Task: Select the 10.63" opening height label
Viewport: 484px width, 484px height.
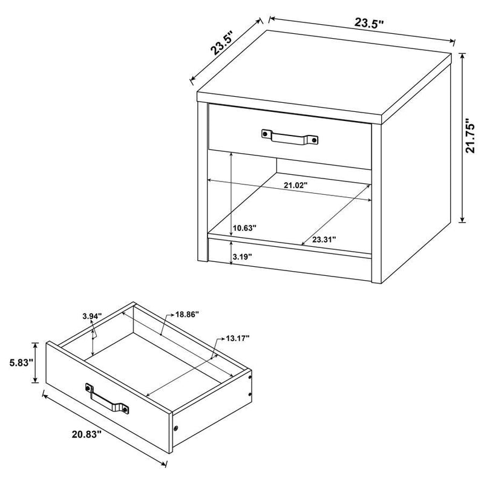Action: (x=244, y=228)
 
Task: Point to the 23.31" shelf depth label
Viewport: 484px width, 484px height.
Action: (x=325, y=240)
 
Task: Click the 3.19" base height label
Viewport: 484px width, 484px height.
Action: (x=242, y=257)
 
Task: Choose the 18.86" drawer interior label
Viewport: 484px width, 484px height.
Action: (x=188, y=315)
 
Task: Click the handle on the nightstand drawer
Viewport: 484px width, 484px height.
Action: (x=290, y=137)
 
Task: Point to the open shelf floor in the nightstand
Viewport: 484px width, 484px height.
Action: (x=290, y=212)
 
